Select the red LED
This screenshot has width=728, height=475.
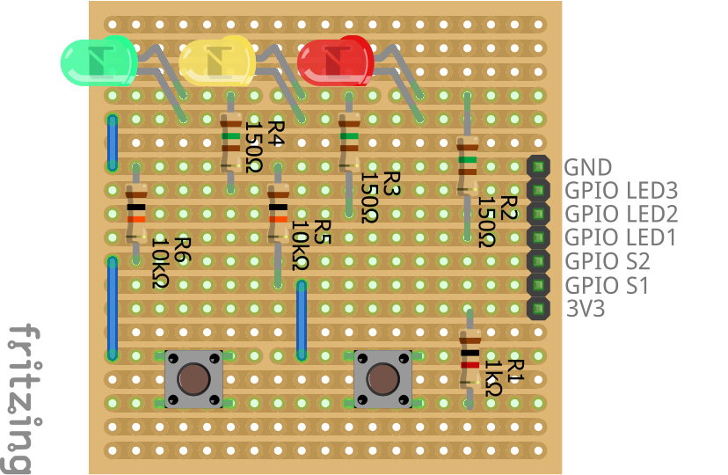pyautogui.click(x=334, y=61)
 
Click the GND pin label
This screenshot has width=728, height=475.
pyautogui.click(x=588, y=167)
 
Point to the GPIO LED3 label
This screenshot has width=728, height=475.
pyautogui.click(x=621, y=190)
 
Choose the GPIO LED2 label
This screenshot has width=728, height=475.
pyautogui.click(x=621, y=214)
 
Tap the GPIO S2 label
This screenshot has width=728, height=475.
pyautogui.click(x=607, y=261)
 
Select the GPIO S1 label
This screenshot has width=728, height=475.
pyautogui.click(x=607, y=285)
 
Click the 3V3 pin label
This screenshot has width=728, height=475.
pyautogui.click(x=585, y=309)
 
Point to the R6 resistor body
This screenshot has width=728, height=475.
pyautogui.click(x=136, y=214)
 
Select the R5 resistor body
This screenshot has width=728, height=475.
pyautogui.click(x=278, y=214)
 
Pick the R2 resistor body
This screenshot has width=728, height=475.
pyautogui.click(x=467, y=166)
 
